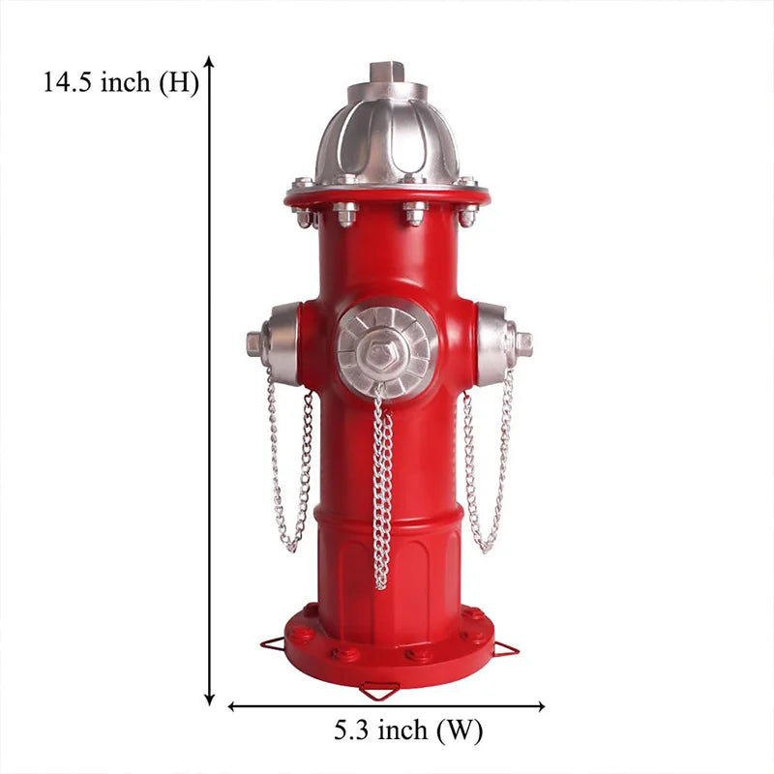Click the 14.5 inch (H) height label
coord(120,83)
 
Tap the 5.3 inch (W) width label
coord(407,730)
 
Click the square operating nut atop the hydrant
coord(387,72)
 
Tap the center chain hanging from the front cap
coord(382,493)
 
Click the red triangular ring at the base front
coord(379,691)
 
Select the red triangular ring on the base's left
coord(274,644)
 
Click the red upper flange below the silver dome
coord(387,197)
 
